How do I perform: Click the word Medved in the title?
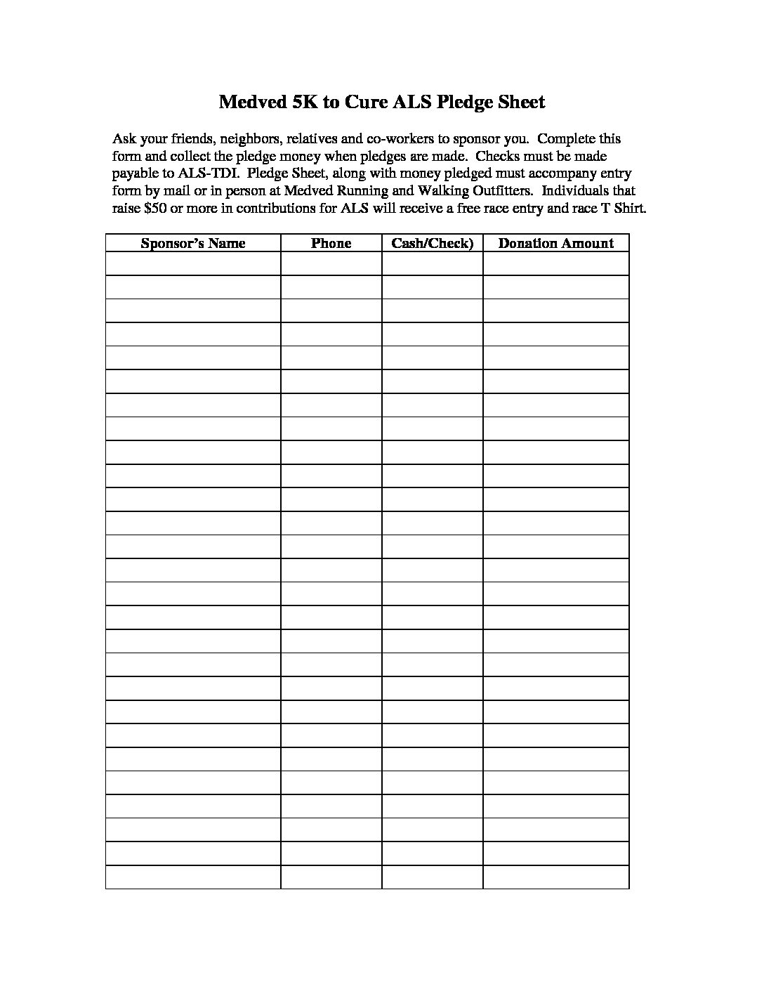249,103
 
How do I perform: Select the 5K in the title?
303,103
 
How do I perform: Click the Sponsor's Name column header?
193,243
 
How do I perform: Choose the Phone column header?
331,243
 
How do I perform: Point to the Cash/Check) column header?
433,243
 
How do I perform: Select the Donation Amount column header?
555,243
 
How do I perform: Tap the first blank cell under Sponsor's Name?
193,264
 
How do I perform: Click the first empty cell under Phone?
331,264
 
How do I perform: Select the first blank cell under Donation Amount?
555,264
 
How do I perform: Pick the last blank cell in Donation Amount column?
555,877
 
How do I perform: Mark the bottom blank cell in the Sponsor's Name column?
193,877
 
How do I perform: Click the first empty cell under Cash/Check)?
433,264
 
